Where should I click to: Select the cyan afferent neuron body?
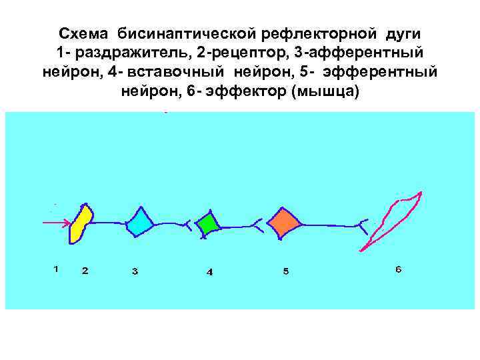(x=140, y=223)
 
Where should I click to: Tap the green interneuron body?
(x=209, y=223)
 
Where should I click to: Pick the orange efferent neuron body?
(x=284, y=222)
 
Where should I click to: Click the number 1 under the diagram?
(x=56, y=269)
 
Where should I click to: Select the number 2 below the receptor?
(x=85, y=271)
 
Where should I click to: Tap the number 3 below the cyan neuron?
(x=135, y=271)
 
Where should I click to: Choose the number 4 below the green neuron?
(x=209, y=272)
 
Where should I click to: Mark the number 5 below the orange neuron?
(x=285, y=271)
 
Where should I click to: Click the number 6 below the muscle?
(x=398, y=269)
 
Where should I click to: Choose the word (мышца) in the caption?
(x=325, y=90)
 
